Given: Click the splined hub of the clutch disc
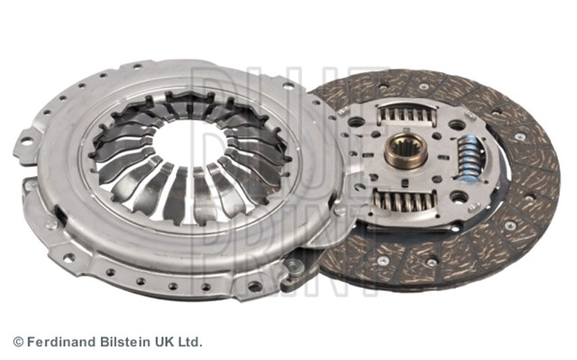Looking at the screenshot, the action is [x=406, y=151].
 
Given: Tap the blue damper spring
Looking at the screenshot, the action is [x=468, y=158].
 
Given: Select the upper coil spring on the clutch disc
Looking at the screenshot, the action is [x=408, y=114].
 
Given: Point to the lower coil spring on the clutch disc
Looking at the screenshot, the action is [x=405, y=201].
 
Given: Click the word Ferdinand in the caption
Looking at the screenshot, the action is [x=62, y=342].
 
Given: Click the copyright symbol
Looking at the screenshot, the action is [x=18, y=342].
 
